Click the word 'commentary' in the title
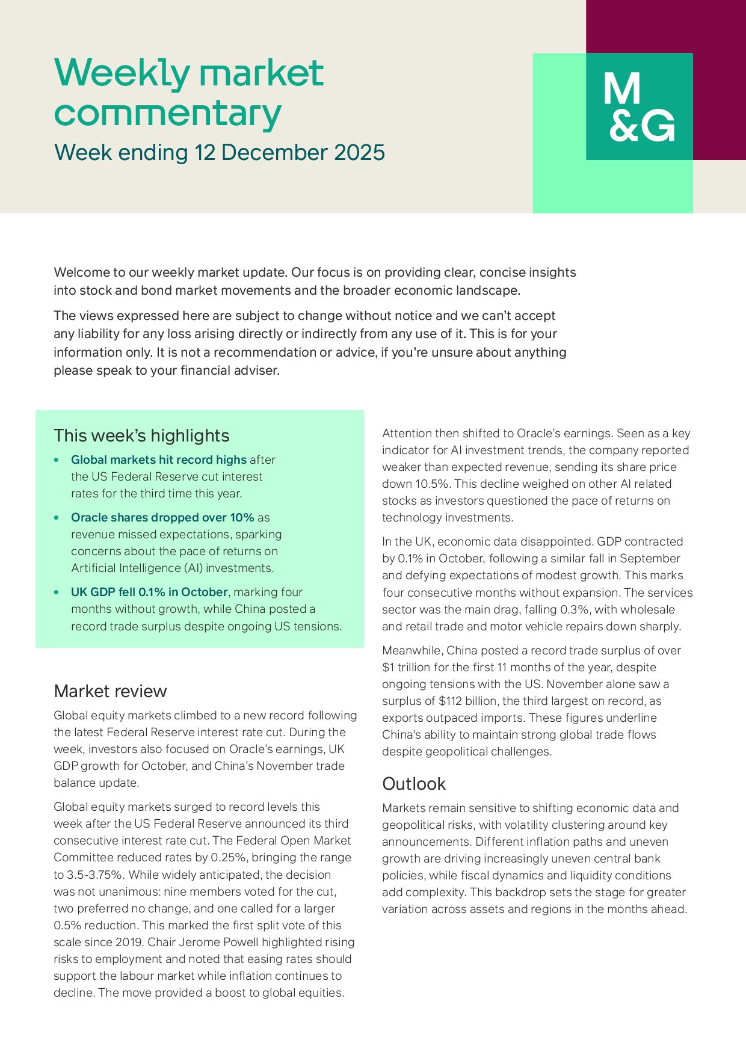pos(168,114)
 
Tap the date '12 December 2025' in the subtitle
pos(289,153)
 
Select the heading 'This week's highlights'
pos(141,435)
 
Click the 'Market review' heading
pos(110,691)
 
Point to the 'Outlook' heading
pos(414,784)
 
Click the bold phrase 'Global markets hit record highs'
pos(159,460)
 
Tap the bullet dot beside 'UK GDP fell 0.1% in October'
pos(57,592)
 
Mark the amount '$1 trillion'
pos(409,667)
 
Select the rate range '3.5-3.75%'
pos(96,875)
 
